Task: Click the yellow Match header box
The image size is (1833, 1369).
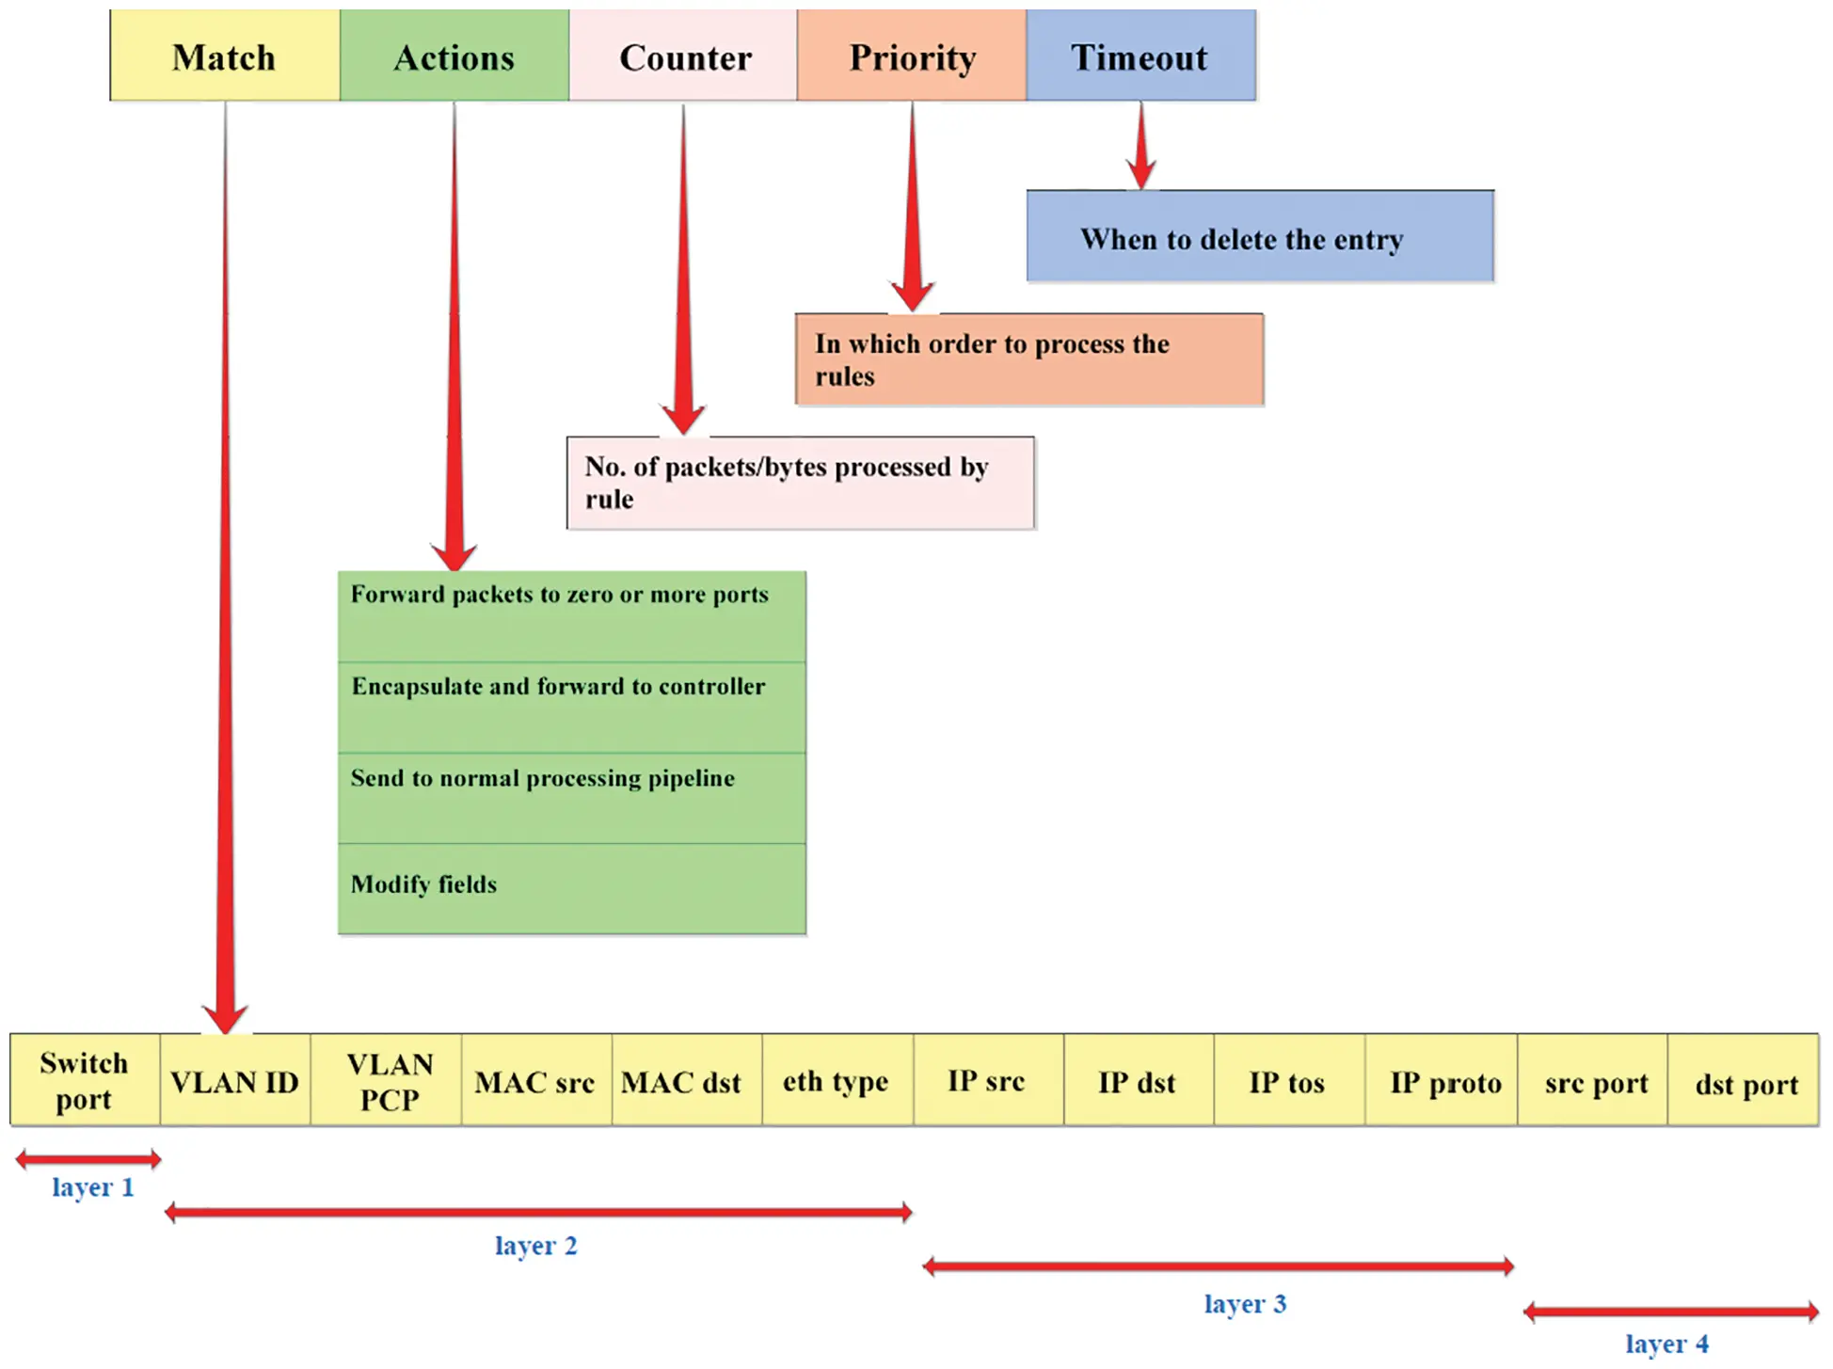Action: (224, 56)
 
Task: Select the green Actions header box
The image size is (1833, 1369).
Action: (454, 56)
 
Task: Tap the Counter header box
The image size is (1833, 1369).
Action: (684, 56)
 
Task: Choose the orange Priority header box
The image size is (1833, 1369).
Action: (912, 56)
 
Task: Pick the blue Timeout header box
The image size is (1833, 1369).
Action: (1140, 56)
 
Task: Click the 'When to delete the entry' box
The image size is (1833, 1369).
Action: (1259, 236)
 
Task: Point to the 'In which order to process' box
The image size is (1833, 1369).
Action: (1028, 359)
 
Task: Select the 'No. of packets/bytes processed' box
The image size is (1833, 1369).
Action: (800, 483)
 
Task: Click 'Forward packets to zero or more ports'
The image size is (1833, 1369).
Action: (571, 615)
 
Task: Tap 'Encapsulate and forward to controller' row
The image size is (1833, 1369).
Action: (571, 707)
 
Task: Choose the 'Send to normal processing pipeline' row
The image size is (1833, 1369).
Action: (571, 798)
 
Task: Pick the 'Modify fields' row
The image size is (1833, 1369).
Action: (571, 888)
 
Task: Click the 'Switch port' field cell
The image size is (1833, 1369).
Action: (85, 1080)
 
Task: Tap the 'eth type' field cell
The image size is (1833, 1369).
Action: (837, 1080)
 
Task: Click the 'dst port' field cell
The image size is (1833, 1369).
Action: (1744, 1080)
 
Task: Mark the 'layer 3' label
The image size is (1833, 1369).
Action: (1244, 1304)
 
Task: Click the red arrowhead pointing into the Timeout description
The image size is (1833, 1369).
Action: (1141, 175)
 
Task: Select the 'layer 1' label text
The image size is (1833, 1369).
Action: (92, 1187)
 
